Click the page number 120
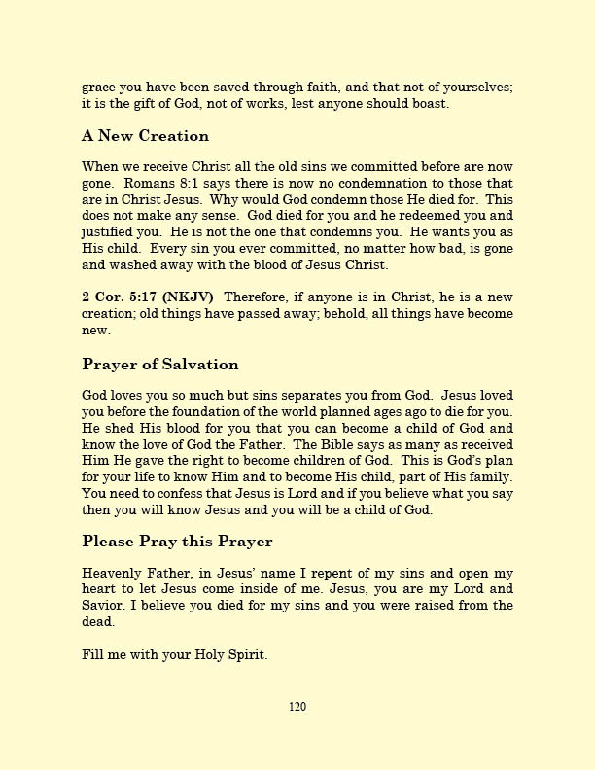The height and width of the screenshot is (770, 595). coord(297,707)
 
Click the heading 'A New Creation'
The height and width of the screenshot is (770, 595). coord(145,135)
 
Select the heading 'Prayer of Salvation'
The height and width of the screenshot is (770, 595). coord(159,365)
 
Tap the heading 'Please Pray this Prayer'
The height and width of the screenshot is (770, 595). coord(177,541)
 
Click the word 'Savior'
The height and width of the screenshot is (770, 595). coord(103,605)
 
